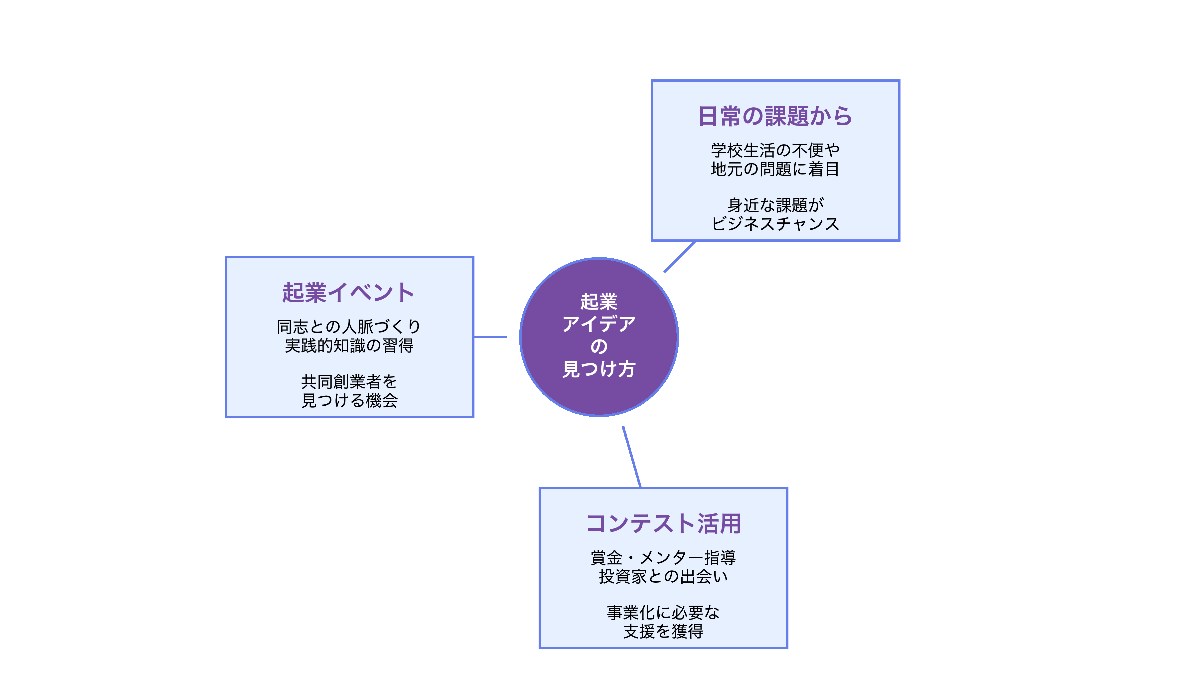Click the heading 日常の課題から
tap(775, 116)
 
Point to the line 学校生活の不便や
tap(775, 150)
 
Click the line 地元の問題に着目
tap(775, 169)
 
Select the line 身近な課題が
tap(775, 205)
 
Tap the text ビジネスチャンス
tap(775, 224)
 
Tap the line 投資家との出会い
tap(663, 576)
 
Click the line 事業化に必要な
tap(663, 613)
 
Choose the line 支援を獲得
tap(663, 631)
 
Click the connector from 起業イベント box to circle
tap(490, 337)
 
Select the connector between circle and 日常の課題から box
tap(679, 256)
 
